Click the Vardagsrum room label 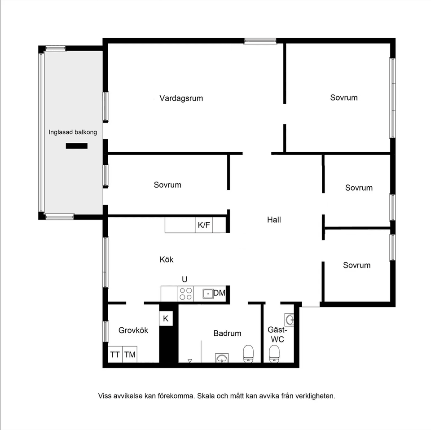pos(181,98)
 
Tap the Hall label pos(274,220)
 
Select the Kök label pos(167,259)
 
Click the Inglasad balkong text pos(73,132)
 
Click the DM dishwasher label pos(219,294)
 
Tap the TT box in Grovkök pos(115,355)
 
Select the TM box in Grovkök pos(130,355)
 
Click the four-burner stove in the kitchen pos(186,294)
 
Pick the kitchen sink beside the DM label pos(207,294)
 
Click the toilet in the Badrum pos(248,353)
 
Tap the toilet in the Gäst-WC pos(274,354)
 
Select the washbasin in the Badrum pos(222,358)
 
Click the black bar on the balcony pos(76,145)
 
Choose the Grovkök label pos(133,330)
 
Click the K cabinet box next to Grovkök pos(166,319)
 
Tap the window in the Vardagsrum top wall pos(260,41)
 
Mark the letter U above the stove pos(185,279)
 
